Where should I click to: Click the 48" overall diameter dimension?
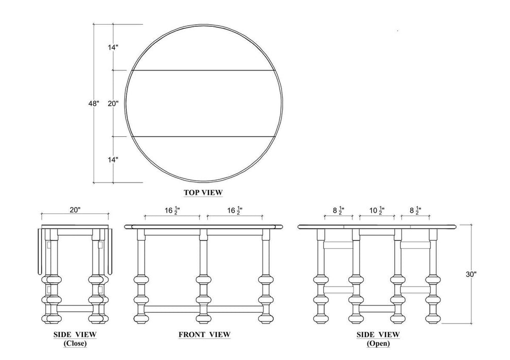pyautogui.click(x=94, y=104)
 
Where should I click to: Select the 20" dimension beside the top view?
pyautogui.click(x=113, y=104)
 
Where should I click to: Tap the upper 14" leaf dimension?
pyautogui.click(x=113, y=47)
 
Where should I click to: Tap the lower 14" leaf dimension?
pyautogui.click(x=113, y=159)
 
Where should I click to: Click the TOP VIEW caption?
pyautogui.click(x=203, y=192)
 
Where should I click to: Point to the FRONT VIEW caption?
pyautogui.click(x=205, y=334)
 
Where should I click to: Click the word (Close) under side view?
pyautogui.click(x=75, y=343)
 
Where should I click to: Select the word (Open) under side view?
pyautogui.click(x=378, y=343)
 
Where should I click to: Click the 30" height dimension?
pyautogui.click(x=471, y=274)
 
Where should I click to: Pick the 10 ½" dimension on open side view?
pyautogui.click(x=377, y=210)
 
